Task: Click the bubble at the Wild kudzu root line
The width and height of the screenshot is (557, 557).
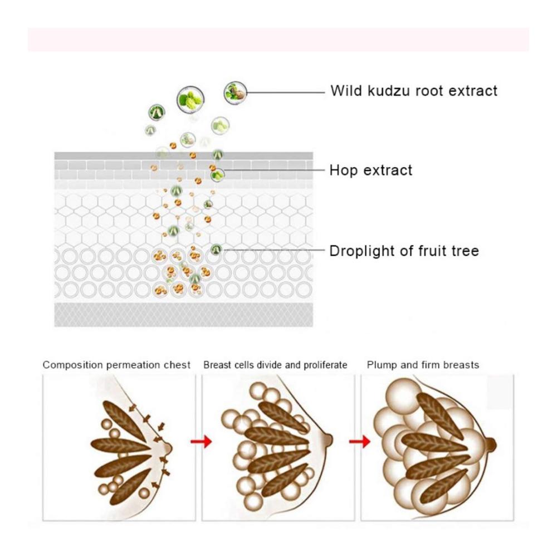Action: tap(235, 92)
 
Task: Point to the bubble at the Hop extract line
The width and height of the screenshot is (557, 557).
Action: tap(217, 174)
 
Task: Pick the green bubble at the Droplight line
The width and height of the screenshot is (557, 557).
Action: tap(216, 250)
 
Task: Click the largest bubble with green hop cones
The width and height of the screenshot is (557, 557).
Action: tap(190, 99)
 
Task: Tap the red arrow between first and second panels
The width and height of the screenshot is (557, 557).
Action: tap(201, 442)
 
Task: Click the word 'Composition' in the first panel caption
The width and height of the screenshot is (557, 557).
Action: tap(72, 365)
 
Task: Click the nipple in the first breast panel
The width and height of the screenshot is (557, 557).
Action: tap(167, 447)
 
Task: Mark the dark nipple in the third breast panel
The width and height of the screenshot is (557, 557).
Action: tap(491, 444)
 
